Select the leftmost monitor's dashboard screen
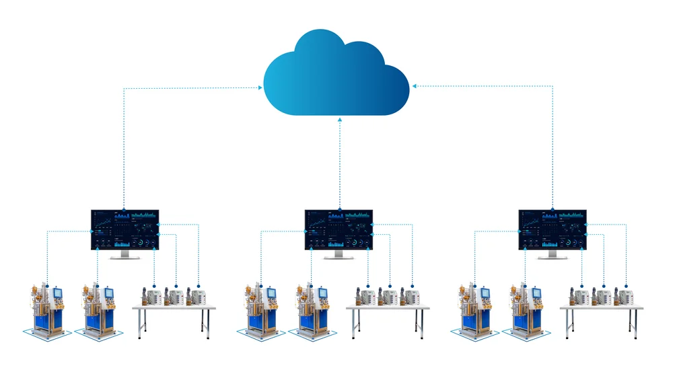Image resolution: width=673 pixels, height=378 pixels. coord(125,229)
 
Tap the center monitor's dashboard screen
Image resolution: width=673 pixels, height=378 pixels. coord(339,229)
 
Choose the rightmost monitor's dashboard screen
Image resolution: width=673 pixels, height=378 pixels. coord(553,229)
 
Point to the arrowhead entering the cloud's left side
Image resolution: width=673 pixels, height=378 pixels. coord(260,86)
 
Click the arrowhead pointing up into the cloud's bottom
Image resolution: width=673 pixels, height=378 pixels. coord(340,120)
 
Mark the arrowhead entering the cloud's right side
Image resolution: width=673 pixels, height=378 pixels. coord(415,85)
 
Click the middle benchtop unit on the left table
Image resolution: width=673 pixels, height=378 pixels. coord(175,297)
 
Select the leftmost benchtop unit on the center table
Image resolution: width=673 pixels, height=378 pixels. coord(367,297)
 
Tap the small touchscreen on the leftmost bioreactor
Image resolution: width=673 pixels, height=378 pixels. coord(58,293)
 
